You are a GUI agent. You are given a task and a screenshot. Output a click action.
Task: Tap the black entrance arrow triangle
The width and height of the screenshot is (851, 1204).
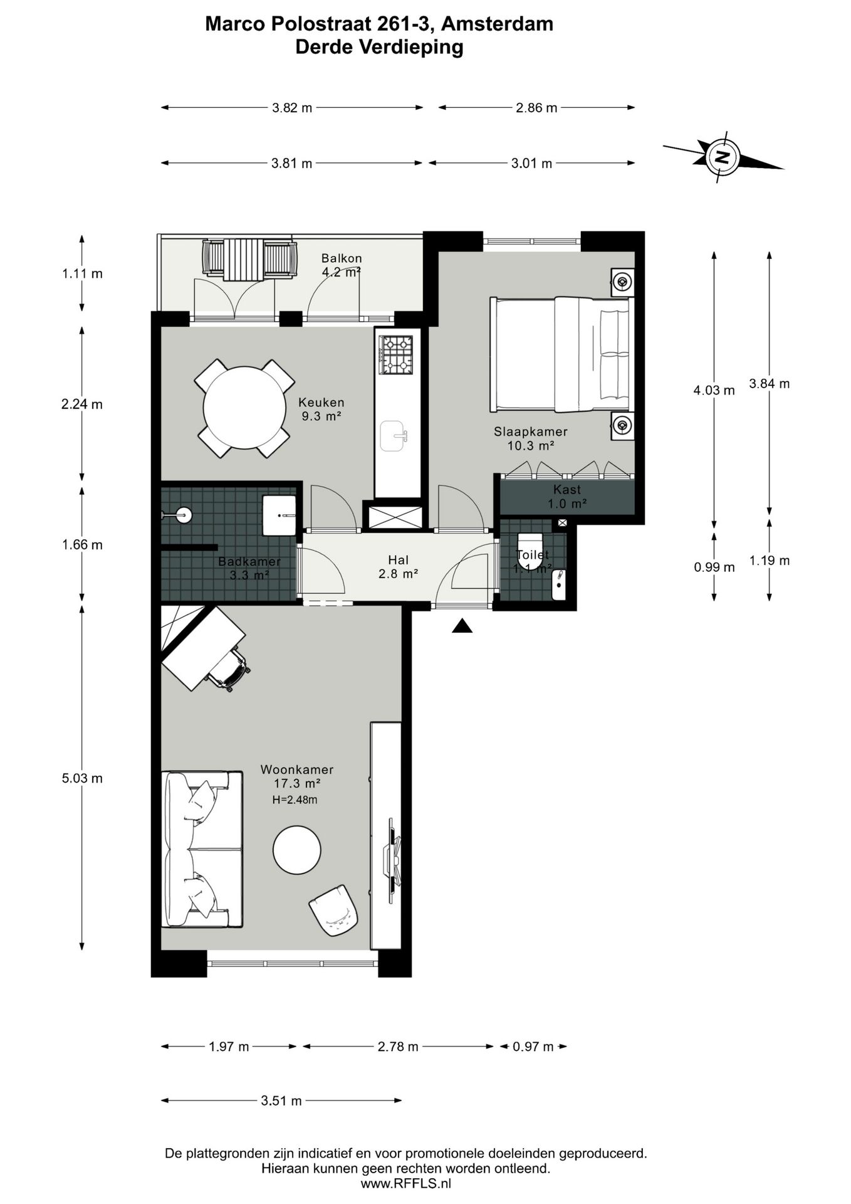tap(462, 626)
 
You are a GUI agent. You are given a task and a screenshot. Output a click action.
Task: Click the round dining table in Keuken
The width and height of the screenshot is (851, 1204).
tap(244, 408)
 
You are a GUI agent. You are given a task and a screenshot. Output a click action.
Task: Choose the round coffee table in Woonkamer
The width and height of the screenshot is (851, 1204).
tap(297, 850)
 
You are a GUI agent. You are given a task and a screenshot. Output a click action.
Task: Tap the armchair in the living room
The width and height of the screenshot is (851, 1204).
tap(333, 911)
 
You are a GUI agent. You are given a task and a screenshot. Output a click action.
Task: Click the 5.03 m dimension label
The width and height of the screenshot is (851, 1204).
tap(82, 778)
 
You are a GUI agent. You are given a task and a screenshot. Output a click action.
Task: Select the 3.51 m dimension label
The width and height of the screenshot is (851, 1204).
tap(281, 1101)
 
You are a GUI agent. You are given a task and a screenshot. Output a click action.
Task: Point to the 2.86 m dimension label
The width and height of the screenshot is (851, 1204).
tap(536, 108)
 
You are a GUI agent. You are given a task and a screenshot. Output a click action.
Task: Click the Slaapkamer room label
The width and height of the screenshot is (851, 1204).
tap(530, 431)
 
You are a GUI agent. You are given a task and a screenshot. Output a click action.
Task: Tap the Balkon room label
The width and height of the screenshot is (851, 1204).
tap(342, 258)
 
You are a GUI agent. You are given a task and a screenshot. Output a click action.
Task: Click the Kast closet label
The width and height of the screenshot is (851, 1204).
tap(566, 490)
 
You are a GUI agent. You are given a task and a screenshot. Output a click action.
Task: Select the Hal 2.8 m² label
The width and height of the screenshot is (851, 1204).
tap(398, 566)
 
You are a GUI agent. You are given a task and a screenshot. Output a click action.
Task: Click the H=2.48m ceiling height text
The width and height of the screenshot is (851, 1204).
tap(295, 800)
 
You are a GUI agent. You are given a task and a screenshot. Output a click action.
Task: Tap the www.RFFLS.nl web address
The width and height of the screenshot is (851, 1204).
tap(405, 1183)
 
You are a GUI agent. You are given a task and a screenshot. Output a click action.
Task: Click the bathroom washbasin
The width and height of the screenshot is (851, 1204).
tap(279, 515)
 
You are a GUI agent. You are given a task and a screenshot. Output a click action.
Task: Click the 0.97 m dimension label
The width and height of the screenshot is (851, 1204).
tap(533, 1047)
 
